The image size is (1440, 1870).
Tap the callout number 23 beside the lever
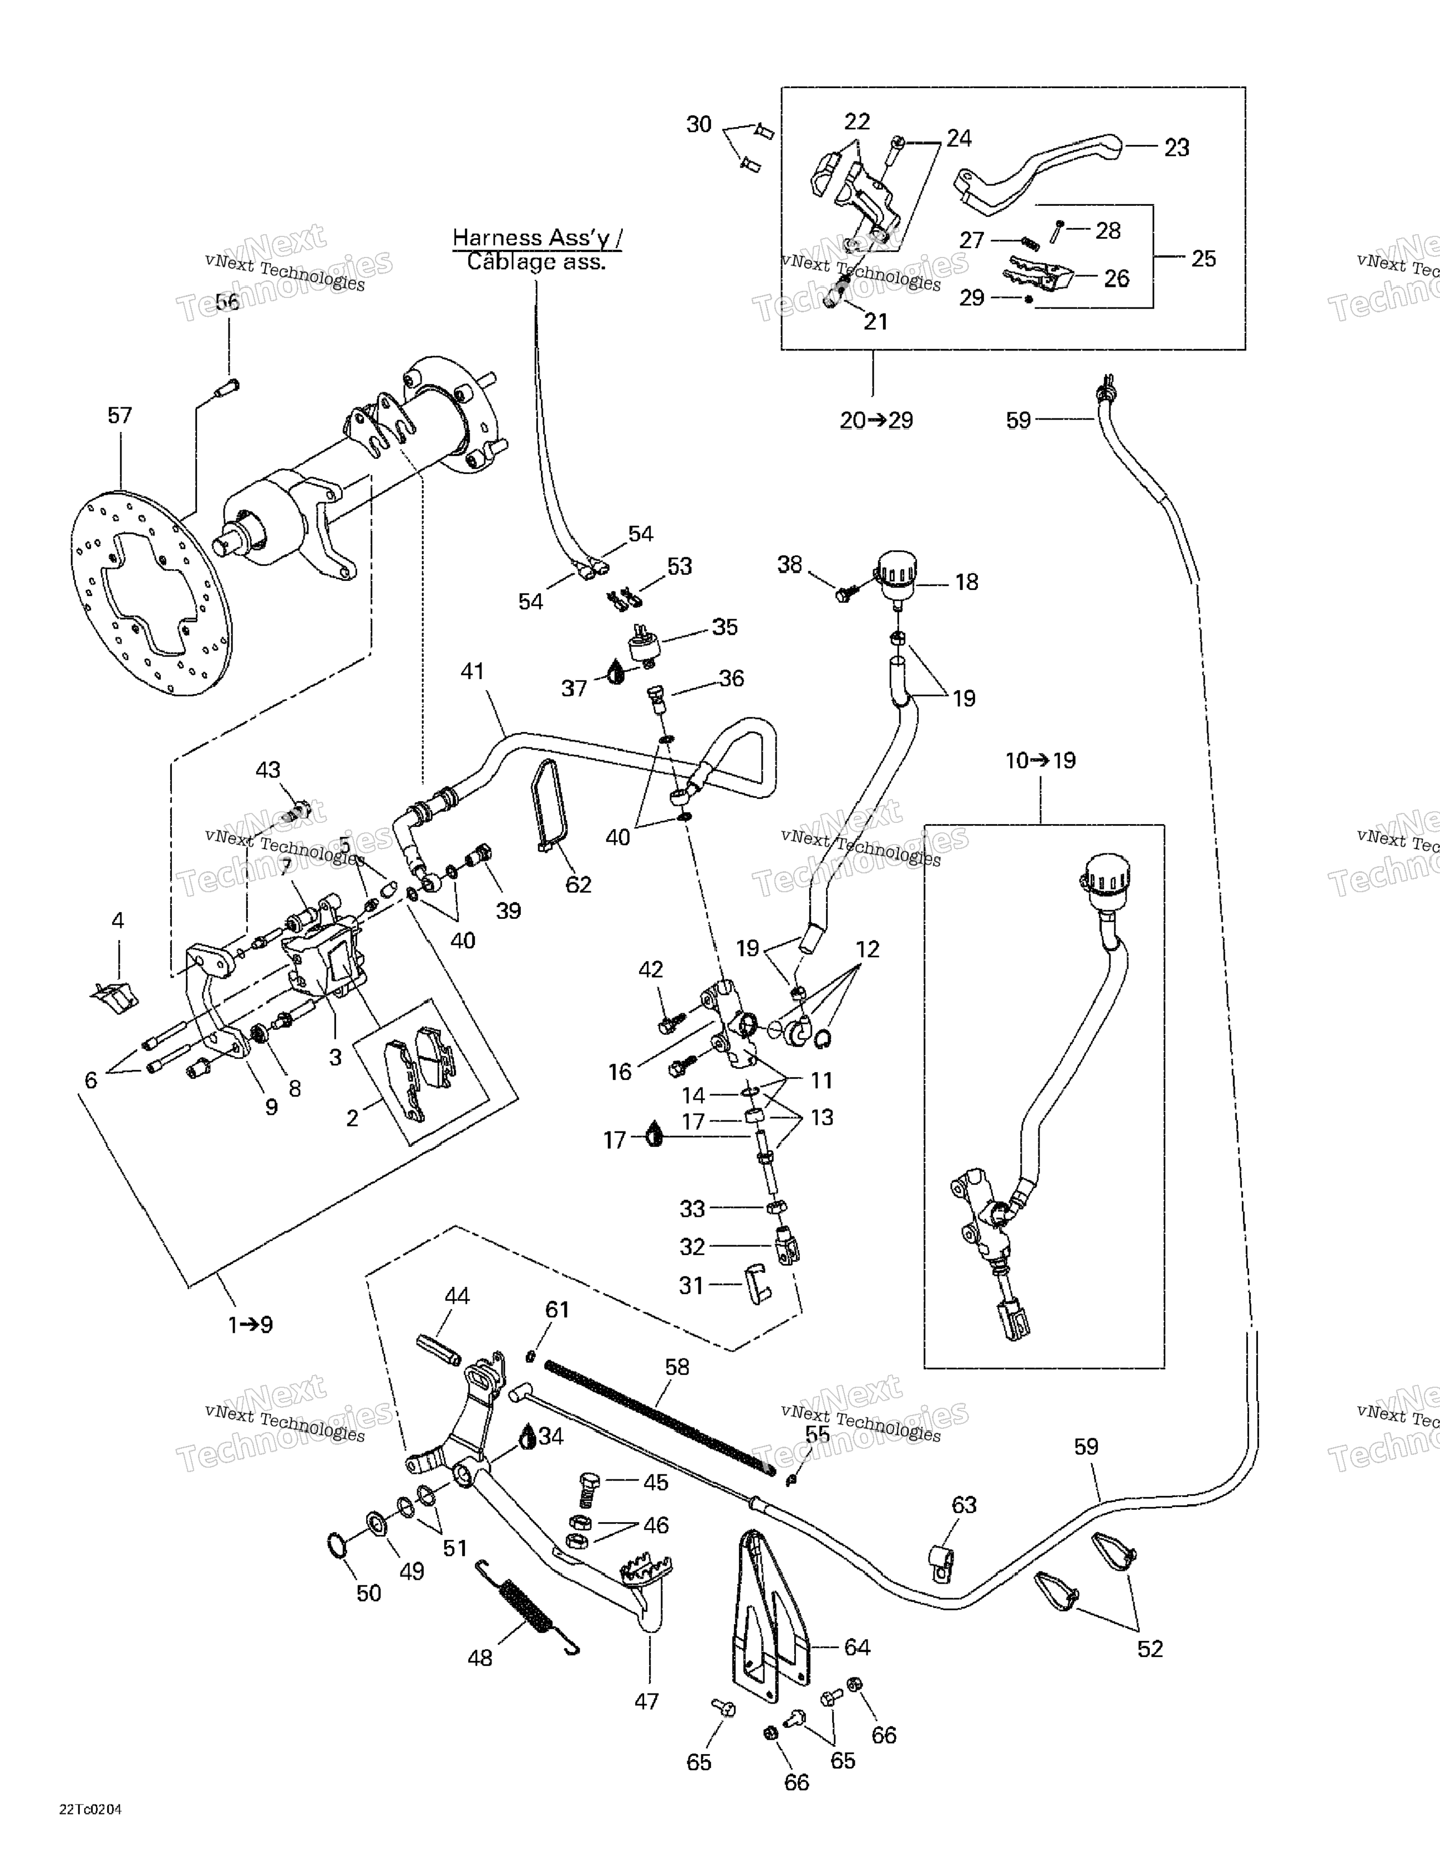click(x=1177, y=148)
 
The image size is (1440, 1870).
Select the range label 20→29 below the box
click(x=876, y=421)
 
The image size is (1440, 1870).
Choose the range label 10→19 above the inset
click(x=1040, y=760)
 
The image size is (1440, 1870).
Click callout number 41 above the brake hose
click(x=473, y=671)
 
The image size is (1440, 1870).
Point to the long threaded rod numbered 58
click(x=659, y=1414)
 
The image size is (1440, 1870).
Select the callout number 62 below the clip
click(x=579, y=885)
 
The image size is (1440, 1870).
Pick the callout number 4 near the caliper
click(x=118, y=921)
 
